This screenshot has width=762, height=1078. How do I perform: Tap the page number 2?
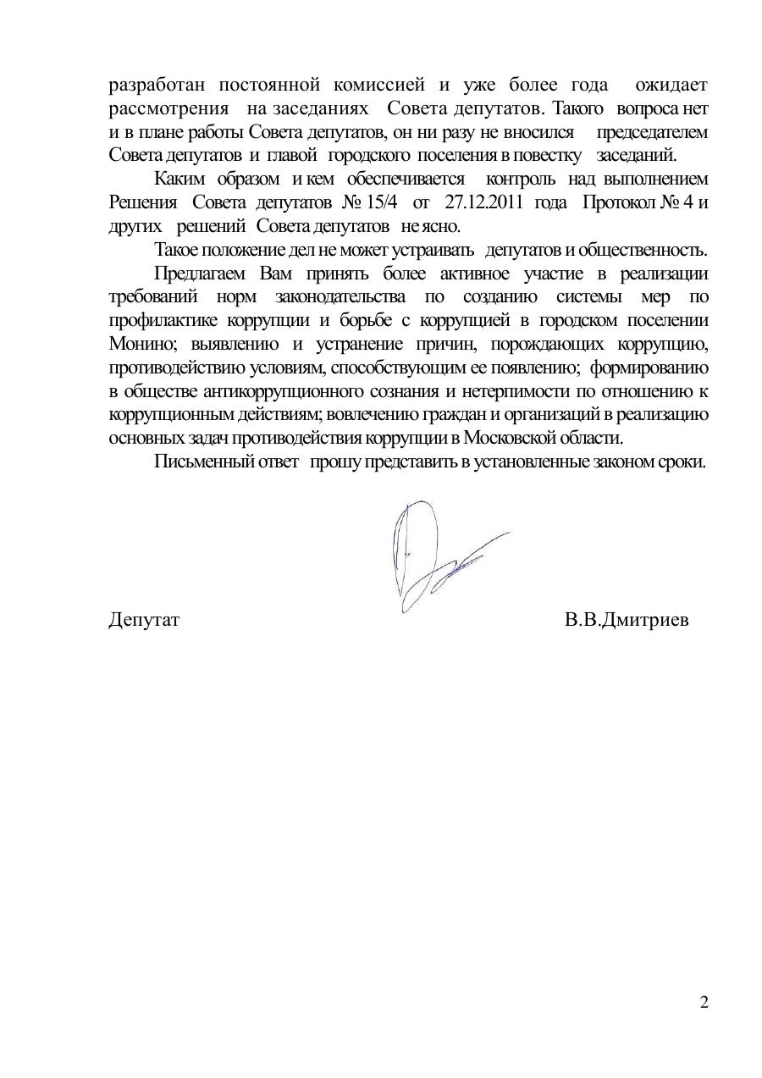(704, 1003)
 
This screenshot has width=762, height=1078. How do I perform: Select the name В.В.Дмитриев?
(627, 621)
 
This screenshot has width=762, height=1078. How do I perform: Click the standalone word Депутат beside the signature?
(145, 621)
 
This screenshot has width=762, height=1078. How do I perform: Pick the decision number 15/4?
(378, 203)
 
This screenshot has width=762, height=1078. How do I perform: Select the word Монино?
(138, 345)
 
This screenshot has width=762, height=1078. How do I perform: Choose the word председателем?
(652, 133)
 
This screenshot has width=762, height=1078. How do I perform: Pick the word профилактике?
(163, 321)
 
